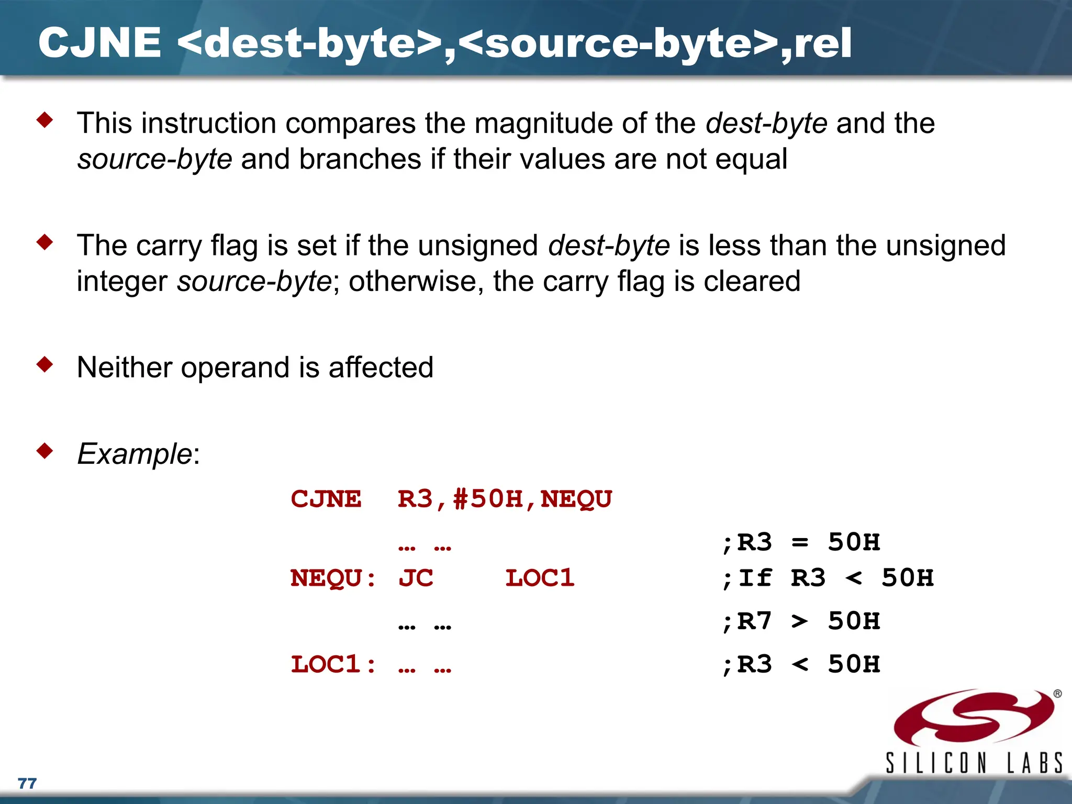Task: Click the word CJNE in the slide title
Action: tap(99, 43)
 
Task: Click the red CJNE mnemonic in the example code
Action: tap(326, 499)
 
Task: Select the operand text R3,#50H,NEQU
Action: tap(505, 499)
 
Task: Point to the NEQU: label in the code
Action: tap(333, 578)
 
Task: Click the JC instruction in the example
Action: tap(416, 578)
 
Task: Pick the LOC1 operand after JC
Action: tap(540, 578)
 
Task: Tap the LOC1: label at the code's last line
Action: tap(333, 665)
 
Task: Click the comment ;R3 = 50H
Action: tap(801, 543)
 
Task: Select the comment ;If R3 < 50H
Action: tap(827, 578)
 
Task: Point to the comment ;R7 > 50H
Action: tap(801, 622)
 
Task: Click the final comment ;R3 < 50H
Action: tap(801, 665)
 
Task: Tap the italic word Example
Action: tap(135, 453)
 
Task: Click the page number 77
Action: tap(27, 783)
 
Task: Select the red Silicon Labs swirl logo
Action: tap(974, 717)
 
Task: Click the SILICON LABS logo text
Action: tap(974, 763)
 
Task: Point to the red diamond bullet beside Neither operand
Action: tap(45, 364)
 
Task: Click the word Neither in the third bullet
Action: tap(124, 367)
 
